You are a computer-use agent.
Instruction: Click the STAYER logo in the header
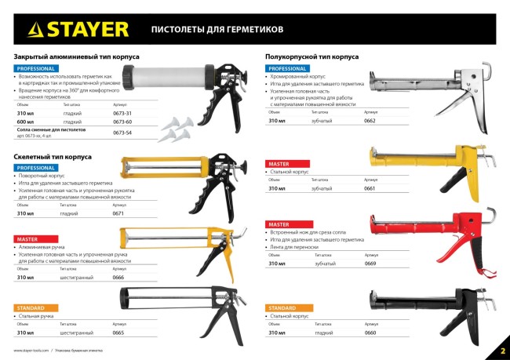pos(78,30)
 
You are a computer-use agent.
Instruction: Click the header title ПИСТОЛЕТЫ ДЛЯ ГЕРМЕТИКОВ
pos(206,30)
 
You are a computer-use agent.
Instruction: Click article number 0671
pos(118,213)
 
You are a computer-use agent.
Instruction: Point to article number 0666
pos(118,278)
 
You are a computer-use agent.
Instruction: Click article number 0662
pos(370,121)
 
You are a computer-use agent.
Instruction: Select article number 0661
pos(370,190)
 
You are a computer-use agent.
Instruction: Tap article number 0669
pos(370,264)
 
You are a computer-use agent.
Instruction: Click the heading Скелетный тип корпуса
pos(53,157)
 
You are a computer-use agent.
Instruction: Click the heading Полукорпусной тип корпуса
pos(311,56)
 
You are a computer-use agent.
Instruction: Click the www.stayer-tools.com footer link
pos(31,350)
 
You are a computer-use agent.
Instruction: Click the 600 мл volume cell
pos(26,122)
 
